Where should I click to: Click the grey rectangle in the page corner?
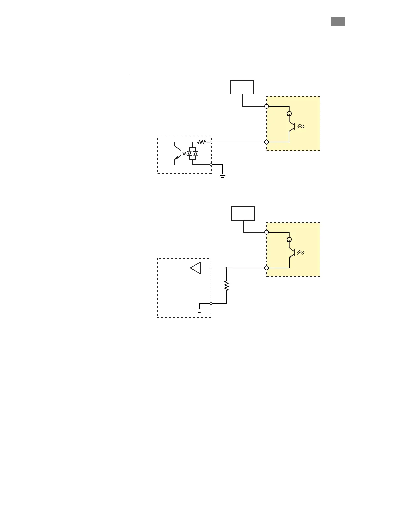337,21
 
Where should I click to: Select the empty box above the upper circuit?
242,87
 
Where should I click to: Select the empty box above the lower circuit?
243,213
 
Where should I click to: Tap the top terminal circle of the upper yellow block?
267,106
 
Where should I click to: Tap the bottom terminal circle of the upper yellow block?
267,142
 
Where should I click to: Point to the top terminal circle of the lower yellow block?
267,232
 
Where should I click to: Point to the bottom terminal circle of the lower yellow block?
267,268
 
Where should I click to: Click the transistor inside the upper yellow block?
291,126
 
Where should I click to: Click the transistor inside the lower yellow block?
291,253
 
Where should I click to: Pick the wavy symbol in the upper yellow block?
301,126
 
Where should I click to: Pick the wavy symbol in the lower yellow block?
301,252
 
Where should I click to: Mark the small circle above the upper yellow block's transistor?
289,114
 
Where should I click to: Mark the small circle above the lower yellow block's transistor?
289,239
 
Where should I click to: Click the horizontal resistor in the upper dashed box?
202,142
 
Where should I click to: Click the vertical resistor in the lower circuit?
226,286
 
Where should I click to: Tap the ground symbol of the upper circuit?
223,175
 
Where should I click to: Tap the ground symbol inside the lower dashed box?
199,310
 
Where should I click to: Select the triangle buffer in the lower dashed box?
196,268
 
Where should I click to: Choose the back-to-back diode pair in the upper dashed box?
192,154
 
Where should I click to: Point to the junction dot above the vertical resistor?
226,268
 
